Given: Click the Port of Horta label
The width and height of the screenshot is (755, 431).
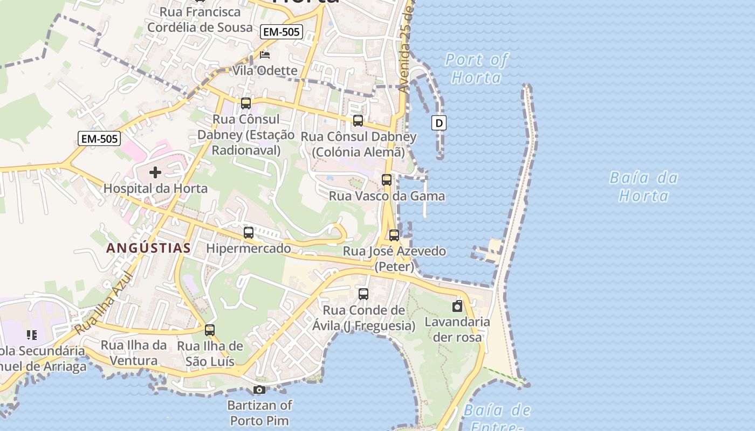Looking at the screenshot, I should tap(476, 68).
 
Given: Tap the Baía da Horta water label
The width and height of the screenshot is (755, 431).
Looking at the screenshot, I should tap(643, 186).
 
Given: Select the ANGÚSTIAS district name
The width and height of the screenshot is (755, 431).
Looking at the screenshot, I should tap(148, 248).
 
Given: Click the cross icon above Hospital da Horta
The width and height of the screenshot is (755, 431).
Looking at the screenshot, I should tap(155, 172).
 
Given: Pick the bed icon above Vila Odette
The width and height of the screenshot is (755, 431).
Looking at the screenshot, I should tap(264, 55).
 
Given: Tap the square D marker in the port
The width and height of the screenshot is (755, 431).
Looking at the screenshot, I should tap(439, 123).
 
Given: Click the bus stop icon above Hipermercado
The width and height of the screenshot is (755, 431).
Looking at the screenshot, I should tap(248, 233).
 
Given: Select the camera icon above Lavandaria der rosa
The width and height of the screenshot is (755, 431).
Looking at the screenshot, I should tap(457, 307).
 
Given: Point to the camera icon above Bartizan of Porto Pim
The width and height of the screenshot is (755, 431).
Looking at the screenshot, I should tap(259, 390).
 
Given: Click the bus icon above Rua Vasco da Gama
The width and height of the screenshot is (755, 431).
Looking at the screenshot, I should tap(387, 180).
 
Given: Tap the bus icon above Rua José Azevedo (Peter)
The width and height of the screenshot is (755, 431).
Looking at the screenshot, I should tap(394, 235).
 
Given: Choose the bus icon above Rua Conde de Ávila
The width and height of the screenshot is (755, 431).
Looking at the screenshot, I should tap(363, 294).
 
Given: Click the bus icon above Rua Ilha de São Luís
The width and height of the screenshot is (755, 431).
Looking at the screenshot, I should tap(210, 330).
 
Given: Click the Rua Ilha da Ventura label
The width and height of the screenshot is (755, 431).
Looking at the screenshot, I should tap(134, 353).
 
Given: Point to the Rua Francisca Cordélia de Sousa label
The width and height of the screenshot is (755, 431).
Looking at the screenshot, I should tap(200, 19).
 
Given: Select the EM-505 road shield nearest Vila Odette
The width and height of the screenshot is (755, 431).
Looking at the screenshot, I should tap(281, 32).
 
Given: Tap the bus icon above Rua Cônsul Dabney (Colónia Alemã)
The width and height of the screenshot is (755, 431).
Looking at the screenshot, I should tap(358, 121).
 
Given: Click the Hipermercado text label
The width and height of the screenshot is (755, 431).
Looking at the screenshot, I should tap(249, 248).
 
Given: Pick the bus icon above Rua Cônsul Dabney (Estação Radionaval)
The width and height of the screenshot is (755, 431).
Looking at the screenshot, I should tap(246, 103).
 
